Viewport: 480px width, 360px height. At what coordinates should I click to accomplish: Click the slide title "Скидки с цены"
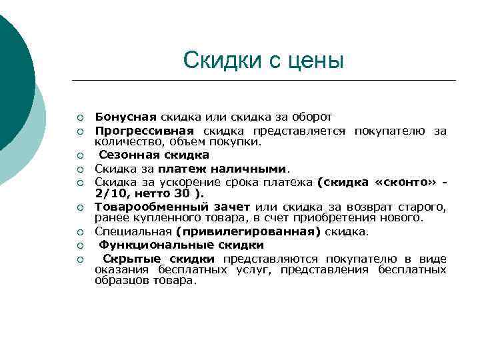click(263, 61)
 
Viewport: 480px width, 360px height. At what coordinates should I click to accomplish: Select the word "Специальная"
click(133, 231)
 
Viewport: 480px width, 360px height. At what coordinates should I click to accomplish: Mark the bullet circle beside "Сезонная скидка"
click(79, 155)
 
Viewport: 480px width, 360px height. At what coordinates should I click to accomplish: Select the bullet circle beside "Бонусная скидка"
click(79, 117)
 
